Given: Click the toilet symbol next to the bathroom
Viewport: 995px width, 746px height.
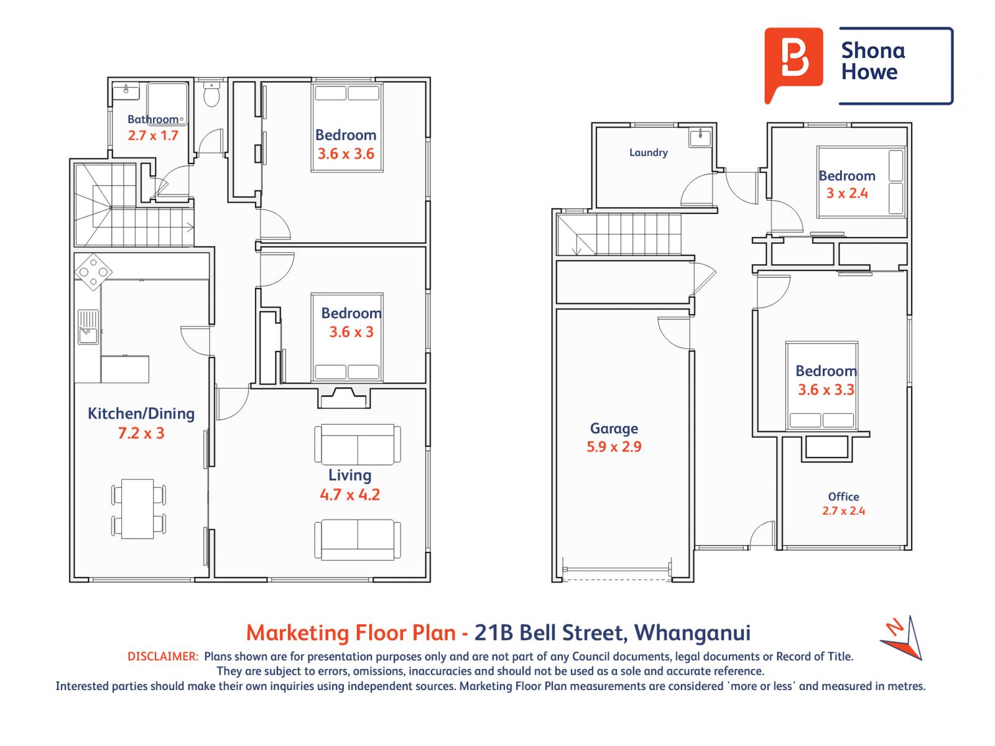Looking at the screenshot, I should pyautogui.click(x=212, y=96).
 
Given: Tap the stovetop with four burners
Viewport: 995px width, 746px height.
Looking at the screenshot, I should pyautogui.click(x=93, y=272).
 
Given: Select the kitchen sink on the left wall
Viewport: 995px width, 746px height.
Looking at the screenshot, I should pyautogui.click(x=86, y=327).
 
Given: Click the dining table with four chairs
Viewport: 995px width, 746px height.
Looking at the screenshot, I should pyautogui.click(x=138, y=509).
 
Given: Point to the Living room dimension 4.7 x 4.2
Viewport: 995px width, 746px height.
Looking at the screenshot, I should pyautogui.click(x=349, y=495).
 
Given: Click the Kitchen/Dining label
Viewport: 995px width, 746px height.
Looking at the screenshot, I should pyautogui.click(x=141, y=413).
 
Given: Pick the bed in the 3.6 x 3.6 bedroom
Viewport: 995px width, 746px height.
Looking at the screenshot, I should pyautogui.click(x=346, y=127).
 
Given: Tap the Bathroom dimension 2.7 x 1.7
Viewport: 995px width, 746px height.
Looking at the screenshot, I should pyautogui.click(x=153, y=135).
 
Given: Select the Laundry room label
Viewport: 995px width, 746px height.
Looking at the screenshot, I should pyautogui.click(x=648, y=152).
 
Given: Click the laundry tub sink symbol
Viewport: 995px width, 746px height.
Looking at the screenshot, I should pyautogui.click(x=700, y=136).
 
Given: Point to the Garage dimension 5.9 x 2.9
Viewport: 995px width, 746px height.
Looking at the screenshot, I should pyautogui.click(x=614, y=446).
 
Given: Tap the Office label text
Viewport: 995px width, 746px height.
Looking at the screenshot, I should pyautogui.click(x=843, y=497).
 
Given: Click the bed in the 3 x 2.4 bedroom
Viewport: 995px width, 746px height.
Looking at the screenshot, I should pyautogui.click(x=861, y=182).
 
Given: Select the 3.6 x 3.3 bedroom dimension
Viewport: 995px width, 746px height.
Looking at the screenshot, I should pyautogui.click(x=826, y=390).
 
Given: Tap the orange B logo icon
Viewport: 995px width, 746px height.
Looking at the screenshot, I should pyautogui.click(x=794, y=63).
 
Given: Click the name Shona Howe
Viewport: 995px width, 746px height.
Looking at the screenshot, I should pyautogui.click(x=872, y=61).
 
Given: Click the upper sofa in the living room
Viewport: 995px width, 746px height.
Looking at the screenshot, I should pyautogui.click(x=358, y=444).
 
